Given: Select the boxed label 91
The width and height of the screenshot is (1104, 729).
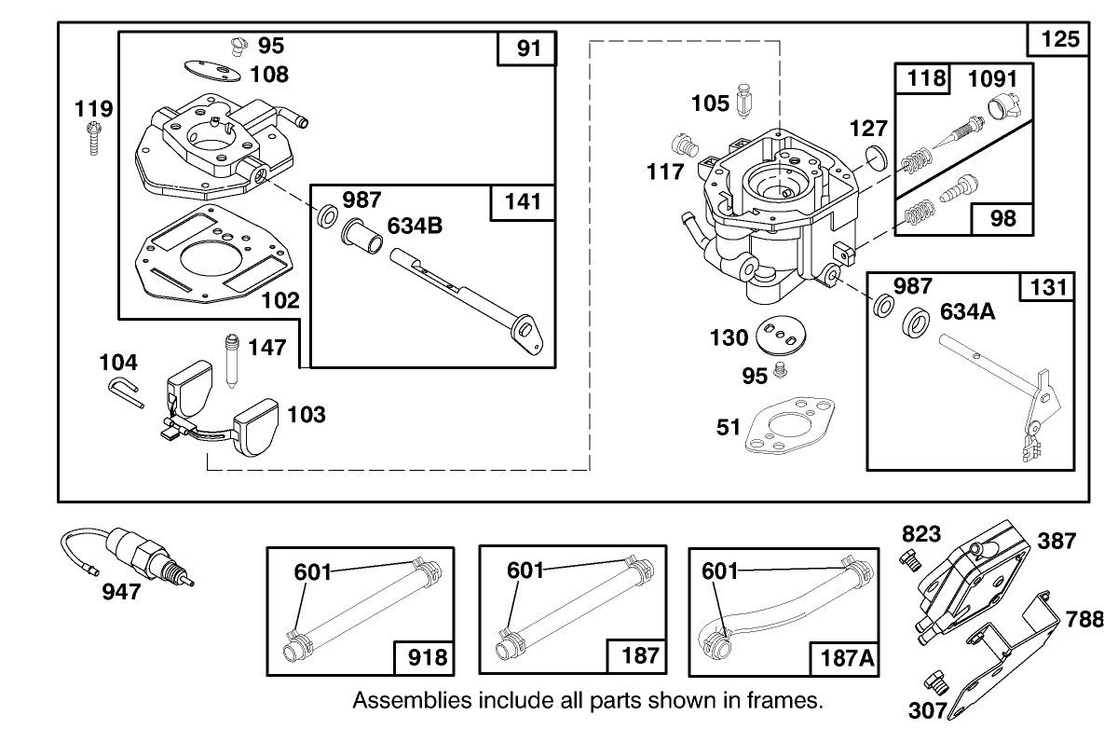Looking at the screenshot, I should (527, 48).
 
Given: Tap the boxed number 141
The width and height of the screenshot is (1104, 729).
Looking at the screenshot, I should (527, 200).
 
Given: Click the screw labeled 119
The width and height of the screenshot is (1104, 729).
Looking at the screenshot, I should (92, 139).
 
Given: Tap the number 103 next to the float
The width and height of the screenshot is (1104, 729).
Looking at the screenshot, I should (306, 414).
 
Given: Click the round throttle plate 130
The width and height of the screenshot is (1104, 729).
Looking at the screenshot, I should (783, 336).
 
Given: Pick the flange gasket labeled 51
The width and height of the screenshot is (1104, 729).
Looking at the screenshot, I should (787, 426).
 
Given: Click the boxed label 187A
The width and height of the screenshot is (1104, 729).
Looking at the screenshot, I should (846, 658).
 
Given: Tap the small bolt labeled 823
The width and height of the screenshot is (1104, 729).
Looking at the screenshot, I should (910, 558).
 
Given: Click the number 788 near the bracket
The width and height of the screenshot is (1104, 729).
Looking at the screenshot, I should (1084, 620).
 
